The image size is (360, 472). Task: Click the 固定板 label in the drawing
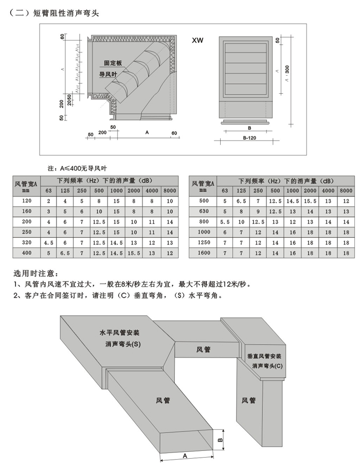click(112, 63)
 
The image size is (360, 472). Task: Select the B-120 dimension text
click(248, 138)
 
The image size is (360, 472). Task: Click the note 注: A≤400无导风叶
click(77, 168)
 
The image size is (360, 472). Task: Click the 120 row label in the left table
click(27, 201)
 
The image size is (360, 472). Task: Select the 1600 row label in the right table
click(204, 253)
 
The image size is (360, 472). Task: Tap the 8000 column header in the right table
click(343, 190)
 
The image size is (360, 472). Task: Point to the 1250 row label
click(204, 242)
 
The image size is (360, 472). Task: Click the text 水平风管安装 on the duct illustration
click(119, 333)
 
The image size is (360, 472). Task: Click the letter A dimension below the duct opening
click(185, 456)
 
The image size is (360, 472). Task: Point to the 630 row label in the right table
click(204, 211)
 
